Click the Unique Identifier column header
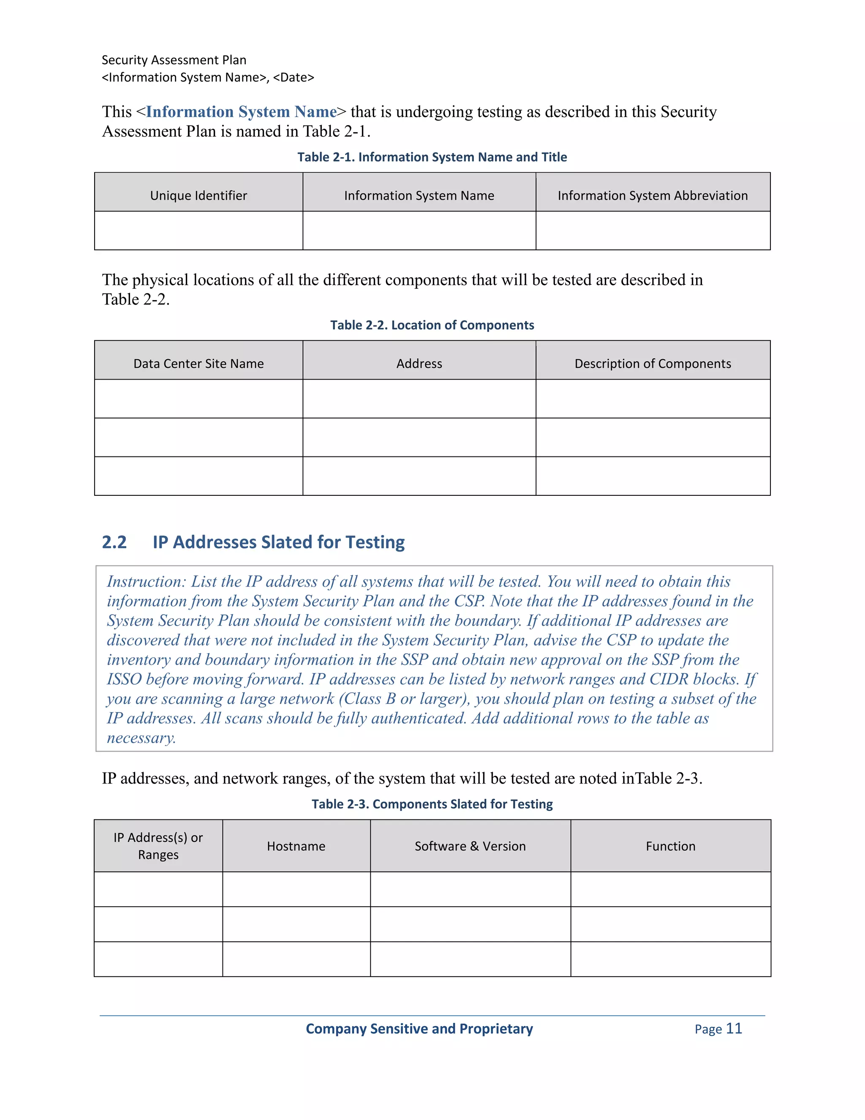point(199,195)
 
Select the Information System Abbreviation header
point(652,195)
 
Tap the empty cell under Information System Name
point(419,231)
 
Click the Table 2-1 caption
point(432,157)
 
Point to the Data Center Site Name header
point(199,363)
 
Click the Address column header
point(419,363)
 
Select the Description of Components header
point(652,363)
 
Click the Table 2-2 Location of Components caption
point(432,325)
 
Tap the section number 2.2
point(114,542)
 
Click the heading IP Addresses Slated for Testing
point(278,542)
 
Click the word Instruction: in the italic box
point(147,582)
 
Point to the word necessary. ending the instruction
point(141,738)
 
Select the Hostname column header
point(296,846)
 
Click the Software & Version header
point(470,846)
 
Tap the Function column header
point(670,846)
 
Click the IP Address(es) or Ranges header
point(158,846)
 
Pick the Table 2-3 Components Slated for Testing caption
point(432,804)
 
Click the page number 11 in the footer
point(734,1028)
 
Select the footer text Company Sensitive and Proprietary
point(419,1029)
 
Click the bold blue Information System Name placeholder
point(241,112)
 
